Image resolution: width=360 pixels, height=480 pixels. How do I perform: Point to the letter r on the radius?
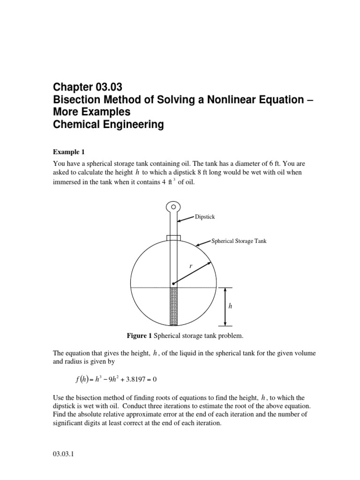tap(191, 266)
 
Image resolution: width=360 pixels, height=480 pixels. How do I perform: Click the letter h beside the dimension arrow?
tap(230, 306)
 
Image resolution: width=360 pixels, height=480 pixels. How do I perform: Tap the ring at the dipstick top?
tap(173, 206)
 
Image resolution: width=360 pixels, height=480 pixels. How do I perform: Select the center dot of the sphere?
tap(173, 284)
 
